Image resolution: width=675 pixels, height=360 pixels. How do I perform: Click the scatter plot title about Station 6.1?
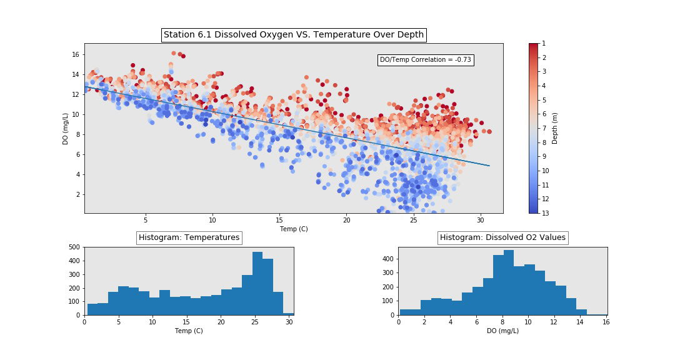pos(293,35)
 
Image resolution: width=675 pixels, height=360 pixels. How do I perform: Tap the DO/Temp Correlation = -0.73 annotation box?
pos(425,60)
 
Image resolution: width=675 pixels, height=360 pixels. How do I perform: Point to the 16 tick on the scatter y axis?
pos(75,54)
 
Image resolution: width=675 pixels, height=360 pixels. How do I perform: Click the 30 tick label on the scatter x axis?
pos(480,220)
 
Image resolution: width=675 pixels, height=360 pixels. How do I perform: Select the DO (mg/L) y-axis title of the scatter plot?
pos(66,128)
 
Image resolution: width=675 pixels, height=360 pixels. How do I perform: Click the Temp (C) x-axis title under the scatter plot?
pos(293,229)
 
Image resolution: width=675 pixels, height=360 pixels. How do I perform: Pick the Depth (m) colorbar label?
pos(555,128)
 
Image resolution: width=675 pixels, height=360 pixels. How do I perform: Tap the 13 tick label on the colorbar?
pos(545,213)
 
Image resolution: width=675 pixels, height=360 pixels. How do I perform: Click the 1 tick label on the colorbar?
pos(544,43)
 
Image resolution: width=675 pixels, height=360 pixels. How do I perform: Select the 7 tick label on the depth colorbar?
pos(544,128)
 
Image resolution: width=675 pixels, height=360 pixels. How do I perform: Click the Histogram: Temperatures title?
pos(189,237)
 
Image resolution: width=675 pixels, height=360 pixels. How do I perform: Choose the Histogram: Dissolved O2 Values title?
pos(502,237)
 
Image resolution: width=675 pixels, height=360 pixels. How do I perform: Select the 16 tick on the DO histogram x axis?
pos(606,322)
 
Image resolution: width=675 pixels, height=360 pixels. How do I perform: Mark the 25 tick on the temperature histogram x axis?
pos(255,322)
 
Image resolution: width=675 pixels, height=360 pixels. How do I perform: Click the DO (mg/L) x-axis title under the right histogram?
pos(502,331)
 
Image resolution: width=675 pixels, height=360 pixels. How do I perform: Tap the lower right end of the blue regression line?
pos(489,166)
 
